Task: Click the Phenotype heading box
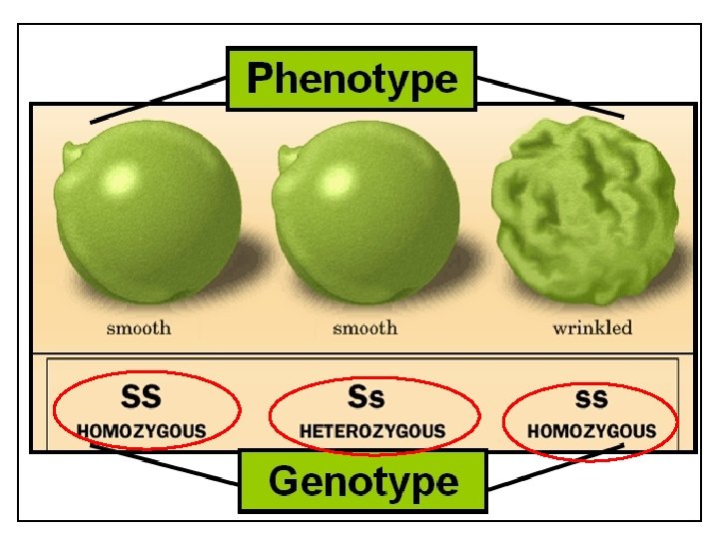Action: (352, 78)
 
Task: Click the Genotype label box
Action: (362, 481)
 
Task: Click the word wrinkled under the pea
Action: (592, 328)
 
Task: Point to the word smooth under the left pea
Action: (140, 328)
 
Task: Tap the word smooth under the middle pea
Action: (364, 328)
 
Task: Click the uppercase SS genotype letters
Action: (141, 396)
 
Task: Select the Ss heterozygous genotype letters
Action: (365, 396)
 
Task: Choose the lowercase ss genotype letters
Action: (591, 397)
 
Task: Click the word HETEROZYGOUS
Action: (372, 431)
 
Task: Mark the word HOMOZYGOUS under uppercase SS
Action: (142, 431)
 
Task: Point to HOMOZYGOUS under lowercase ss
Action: (592, 431)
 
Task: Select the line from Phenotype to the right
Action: (549, 97)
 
